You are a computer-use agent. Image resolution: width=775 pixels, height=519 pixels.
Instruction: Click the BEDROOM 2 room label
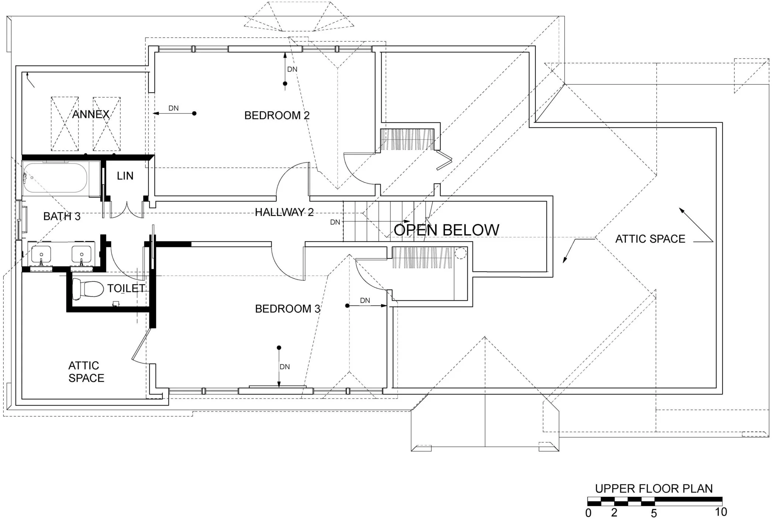[277, 116]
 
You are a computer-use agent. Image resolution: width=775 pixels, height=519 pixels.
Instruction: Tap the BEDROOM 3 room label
[287, 309]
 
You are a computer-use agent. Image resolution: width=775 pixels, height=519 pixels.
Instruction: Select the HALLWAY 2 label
[284, 212]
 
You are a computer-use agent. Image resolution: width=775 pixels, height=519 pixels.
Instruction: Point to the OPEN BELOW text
[446, 230]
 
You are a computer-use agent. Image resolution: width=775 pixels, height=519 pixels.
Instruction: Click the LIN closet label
[125, 176]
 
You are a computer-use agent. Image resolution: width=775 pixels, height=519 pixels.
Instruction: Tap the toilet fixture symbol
[87, 288]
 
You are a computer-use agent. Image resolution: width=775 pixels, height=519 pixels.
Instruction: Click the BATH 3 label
[62, 216]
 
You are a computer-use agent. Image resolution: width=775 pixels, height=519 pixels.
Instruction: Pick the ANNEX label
[91, 115]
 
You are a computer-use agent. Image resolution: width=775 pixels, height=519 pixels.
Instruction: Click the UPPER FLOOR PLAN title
[654, 489]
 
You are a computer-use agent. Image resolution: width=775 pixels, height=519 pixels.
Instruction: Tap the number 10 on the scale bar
[721, 512]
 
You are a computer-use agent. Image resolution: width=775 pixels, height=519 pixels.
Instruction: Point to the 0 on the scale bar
[588, 513]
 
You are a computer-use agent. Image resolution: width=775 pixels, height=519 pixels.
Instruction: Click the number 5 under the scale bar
[654, 513]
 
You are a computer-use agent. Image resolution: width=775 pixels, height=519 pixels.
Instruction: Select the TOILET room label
[126, 288]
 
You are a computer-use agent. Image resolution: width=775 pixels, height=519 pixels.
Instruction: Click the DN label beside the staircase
[335, 222]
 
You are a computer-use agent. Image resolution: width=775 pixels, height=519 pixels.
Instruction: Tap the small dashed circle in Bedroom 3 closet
[460, 253]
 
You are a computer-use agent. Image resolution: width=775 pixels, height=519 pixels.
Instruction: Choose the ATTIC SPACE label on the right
[650, 239]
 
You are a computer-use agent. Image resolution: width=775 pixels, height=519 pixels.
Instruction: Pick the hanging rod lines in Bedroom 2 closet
[407, 139]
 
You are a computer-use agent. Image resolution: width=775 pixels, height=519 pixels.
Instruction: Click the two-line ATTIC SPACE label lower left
[86, 372]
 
